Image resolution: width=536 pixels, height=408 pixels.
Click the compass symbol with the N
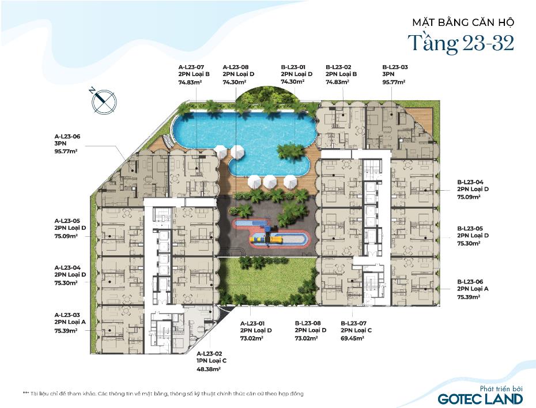[104, 101]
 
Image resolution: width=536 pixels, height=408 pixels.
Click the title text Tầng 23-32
[461, 43]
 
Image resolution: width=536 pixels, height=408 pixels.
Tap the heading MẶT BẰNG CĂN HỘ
[463, 22]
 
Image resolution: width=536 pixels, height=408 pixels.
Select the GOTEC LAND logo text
[480, 399]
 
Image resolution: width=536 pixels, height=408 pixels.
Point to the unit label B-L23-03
[395, 67]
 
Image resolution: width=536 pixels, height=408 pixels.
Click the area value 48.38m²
[209, 369]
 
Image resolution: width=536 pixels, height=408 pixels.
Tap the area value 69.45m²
[352, 338]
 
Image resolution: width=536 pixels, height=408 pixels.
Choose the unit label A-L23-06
[67, 137]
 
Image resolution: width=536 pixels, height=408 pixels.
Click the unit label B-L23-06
[470, 282]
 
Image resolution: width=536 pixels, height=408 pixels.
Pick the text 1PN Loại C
[212, 361]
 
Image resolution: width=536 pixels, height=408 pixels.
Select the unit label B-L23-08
[308, 323]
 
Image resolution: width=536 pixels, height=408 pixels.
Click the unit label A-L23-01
[252, 324]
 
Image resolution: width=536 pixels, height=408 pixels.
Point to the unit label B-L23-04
[470, 182]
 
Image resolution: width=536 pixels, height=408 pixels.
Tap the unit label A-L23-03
[67, 315]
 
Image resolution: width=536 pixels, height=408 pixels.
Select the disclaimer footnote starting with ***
[163, 394]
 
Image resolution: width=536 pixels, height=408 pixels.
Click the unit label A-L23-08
[236, 67]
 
